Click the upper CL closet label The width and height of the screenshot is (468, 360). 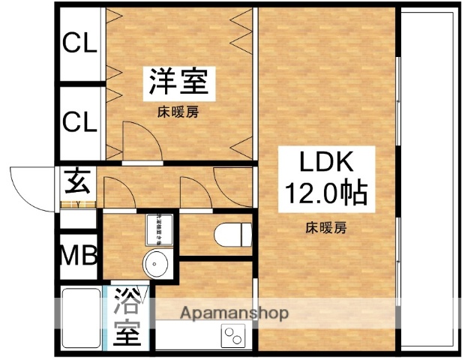coord(79,44)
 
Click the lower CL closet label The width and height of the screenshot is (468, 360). coord(79,121)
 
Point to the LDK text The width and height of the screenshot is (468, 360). coord(325,163)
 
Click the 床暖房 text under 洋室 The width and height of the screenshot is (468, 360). coord(178,113)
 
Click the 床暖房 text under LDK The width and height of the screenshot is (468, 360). coord(325,226)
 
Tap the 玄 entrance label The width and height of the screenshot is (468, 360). coord(78,181)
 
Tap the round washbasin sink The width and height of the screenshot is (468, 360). coord(157,264)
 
